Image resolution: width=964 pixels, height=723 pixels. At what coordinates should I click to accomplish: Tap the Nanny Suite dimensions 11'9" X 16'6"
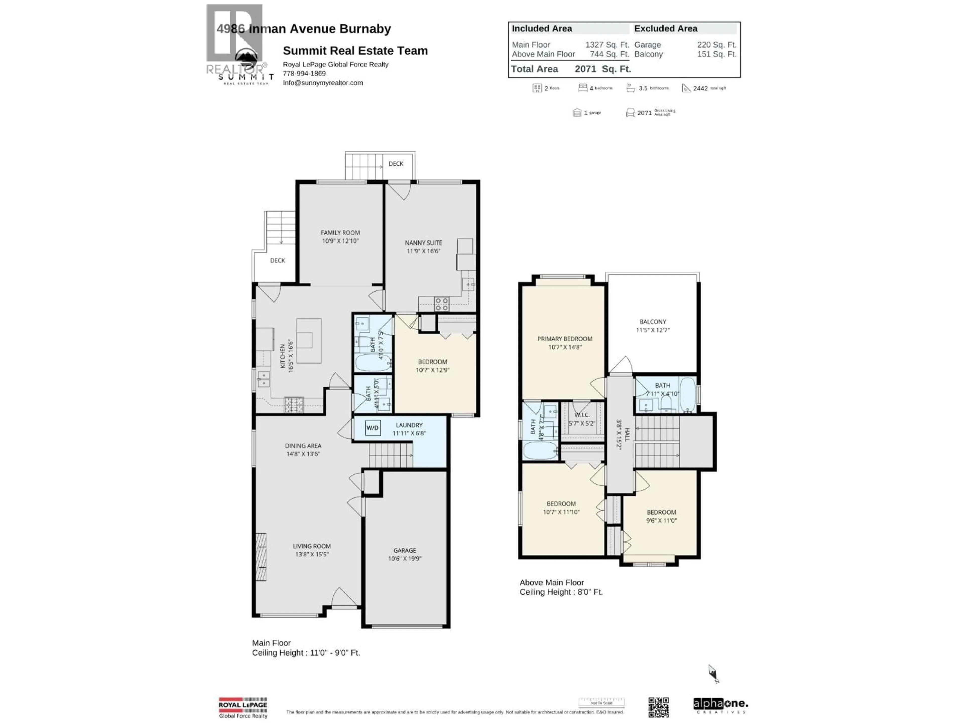[x=423, y=251]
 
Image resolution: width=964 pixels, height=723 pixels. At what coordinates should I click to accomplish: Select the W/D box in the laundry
[x=372, y=428]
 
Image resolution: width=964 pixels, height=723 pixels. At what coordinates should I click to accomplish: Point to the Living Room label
[x=312, y=546]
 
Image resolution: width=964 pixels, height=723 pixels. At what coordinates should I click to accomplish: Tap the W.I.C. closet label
[x=582, y=415]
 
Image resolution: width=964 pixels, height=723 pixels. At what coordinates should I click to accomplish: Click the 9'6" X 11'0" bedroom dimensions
[x=661, y=520]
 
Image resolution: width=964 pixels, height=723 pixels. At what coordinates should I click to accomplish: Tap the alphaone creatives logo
[x=720, y=706]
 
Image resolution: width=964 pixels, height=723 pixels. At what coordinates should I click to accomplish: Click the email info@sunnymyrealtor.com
[x=323, y=83]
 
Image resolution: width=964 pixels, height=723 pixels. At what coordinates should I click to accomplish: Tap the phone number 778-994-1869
[x=304, y=73]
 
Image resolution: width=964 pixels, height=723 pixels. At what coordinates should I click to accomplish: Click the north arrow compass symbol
[x=713, y=673]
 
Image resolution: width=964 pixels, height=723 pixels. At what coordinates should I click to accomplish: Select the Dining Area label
[x=303, y=446]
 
